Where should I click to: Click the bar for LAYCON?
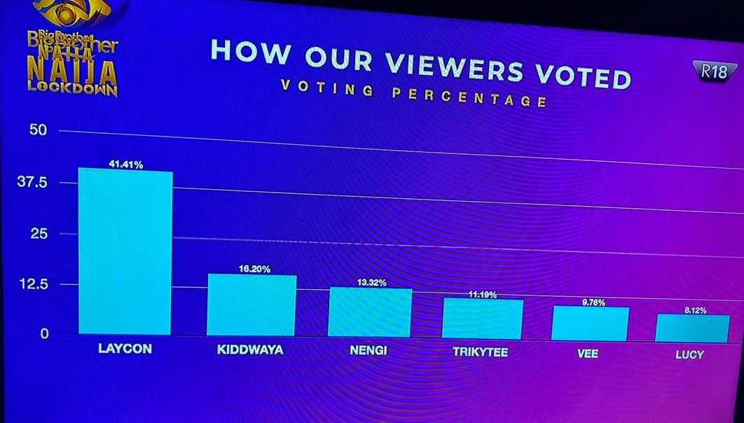point(125,252)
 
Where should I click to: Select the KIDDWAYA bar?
point(252,305)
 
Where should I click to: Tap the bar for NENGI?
point(370,312)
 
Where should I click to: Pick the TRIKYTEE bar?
point(483,319)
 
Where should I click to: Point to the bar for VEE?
point(590,324)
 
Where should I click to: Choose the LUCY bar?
point(692,328)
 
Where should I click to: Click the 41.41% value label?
point(126,165)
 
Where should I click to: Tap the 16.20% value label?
point(254,269)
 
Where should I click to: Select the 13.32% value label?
point(372,282)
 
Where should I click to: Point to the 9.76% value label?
point(593,303)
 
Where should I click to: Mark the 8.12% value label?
point(696,310)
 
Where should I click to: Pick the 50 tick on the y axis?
point(38,130)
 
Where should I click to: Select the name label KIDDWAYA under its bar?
point(250,349)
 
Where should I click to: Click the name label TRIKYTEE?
point(481,352)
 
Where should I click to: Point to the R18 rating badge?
point(715,71)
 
